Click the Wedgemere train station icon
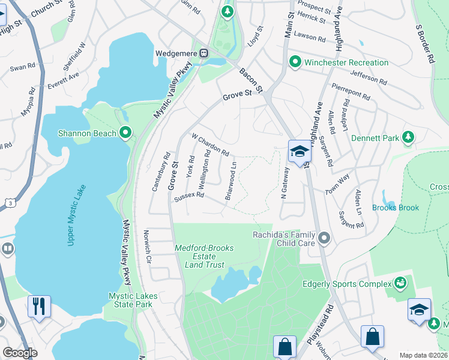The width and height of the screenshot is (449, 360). point(204,53)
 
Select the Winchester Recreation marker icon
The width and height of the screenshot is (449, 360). point(295,62)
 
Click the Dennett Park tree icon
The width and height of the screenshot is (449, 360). point(408,137)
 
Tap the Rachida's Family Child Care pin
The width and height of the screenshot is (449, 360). point(324,239)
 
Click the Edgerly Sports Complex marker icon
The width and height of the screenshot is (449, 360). point(400,282)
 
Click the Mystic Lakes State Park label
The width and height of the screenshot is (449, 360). point(130,300)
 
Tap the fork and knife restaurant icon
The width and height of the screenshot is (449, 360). point(39,307)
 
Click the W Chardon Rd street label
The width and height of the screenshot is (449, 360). point(210,145)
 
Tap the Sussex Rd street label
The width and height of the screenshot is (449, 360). point(189,196)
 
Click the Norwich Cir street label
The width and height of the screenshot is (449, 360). point(147,247)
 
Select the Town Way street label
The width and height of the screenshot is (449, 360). point(337,184)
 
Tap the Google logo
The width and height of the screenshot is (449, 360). point(20,353)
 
